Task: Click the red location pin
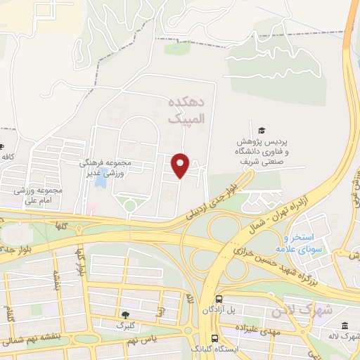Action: click(181, 165)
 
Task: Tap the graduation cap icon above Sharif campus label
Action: click(262, 130)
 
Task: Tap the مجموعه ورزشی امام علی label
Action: click(38, 195)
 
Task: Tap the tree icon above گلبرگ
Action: click(126, 315)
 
